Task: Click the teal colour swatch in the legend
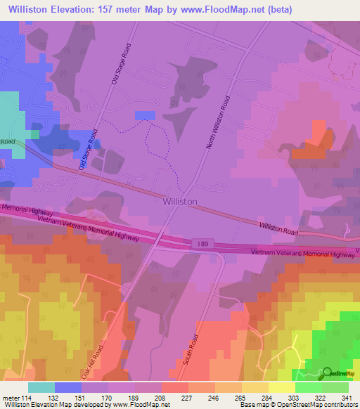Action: tap(41, 387)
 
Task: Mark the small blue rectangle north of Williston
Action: tap(145, 115)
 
